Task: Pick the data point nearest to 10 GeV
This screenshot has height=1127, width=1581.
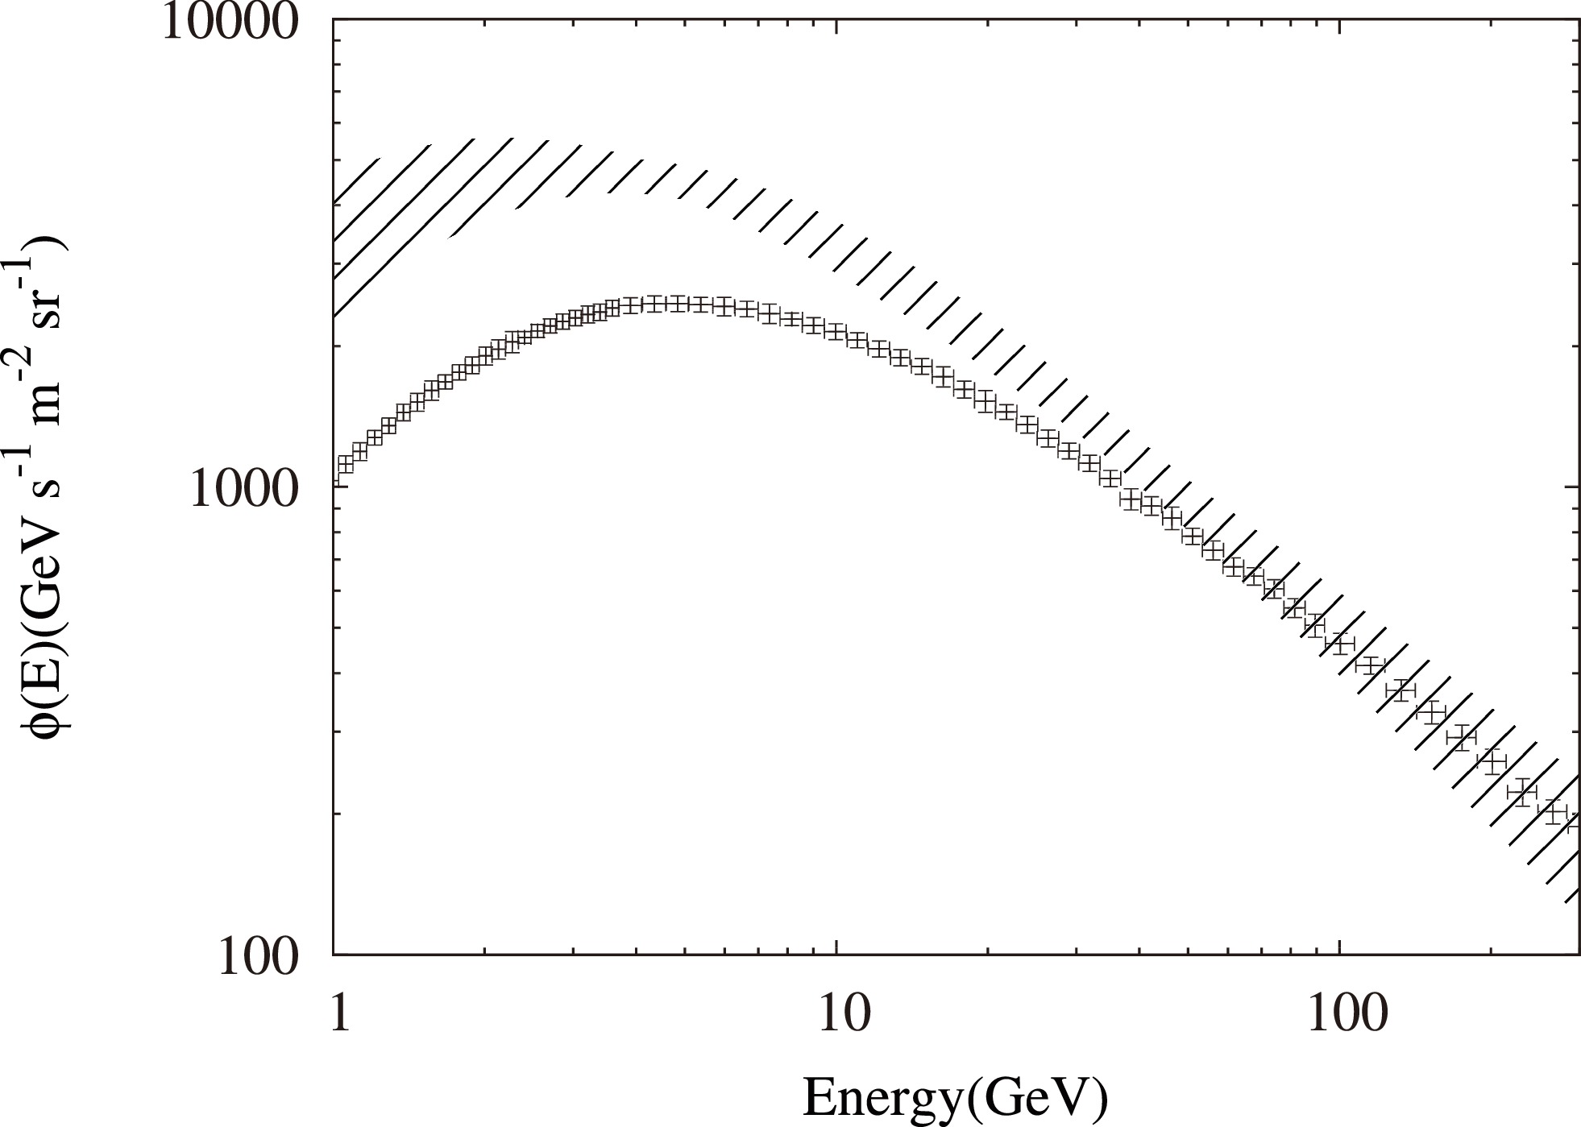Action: (836, 332)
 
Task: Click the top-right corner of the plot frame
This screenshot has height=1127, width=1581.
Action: (1578, 17)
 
